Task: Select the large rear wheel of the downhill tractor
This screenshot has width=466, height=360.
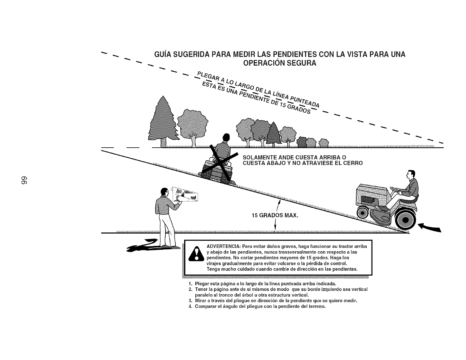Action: pyautogui.click(x=405, y=220)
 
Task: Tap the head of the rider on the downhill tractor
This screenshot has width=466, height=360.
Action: pyautogui.click(x=411, y=175)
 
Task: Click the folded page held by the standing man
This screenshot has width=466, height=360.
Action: pyautogui.click(x=184, y=194)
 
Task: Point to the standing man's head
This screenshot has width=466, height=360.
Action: pyautogui.click(x=163, y=193)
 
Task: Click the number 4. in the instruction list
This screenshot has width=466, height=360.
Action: pyautogui.click(x=190, y=306)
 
